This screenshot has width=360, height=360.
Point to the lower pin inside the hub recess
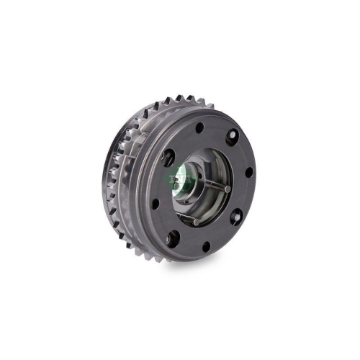pyautogui.click(x=194, y=222)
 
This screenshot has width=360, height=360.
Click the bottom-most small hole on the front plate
pyautogui.click(x=205, y=248)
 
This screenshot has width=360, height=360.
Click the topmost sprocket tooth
pyautogui.click(x=172, y=96)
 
